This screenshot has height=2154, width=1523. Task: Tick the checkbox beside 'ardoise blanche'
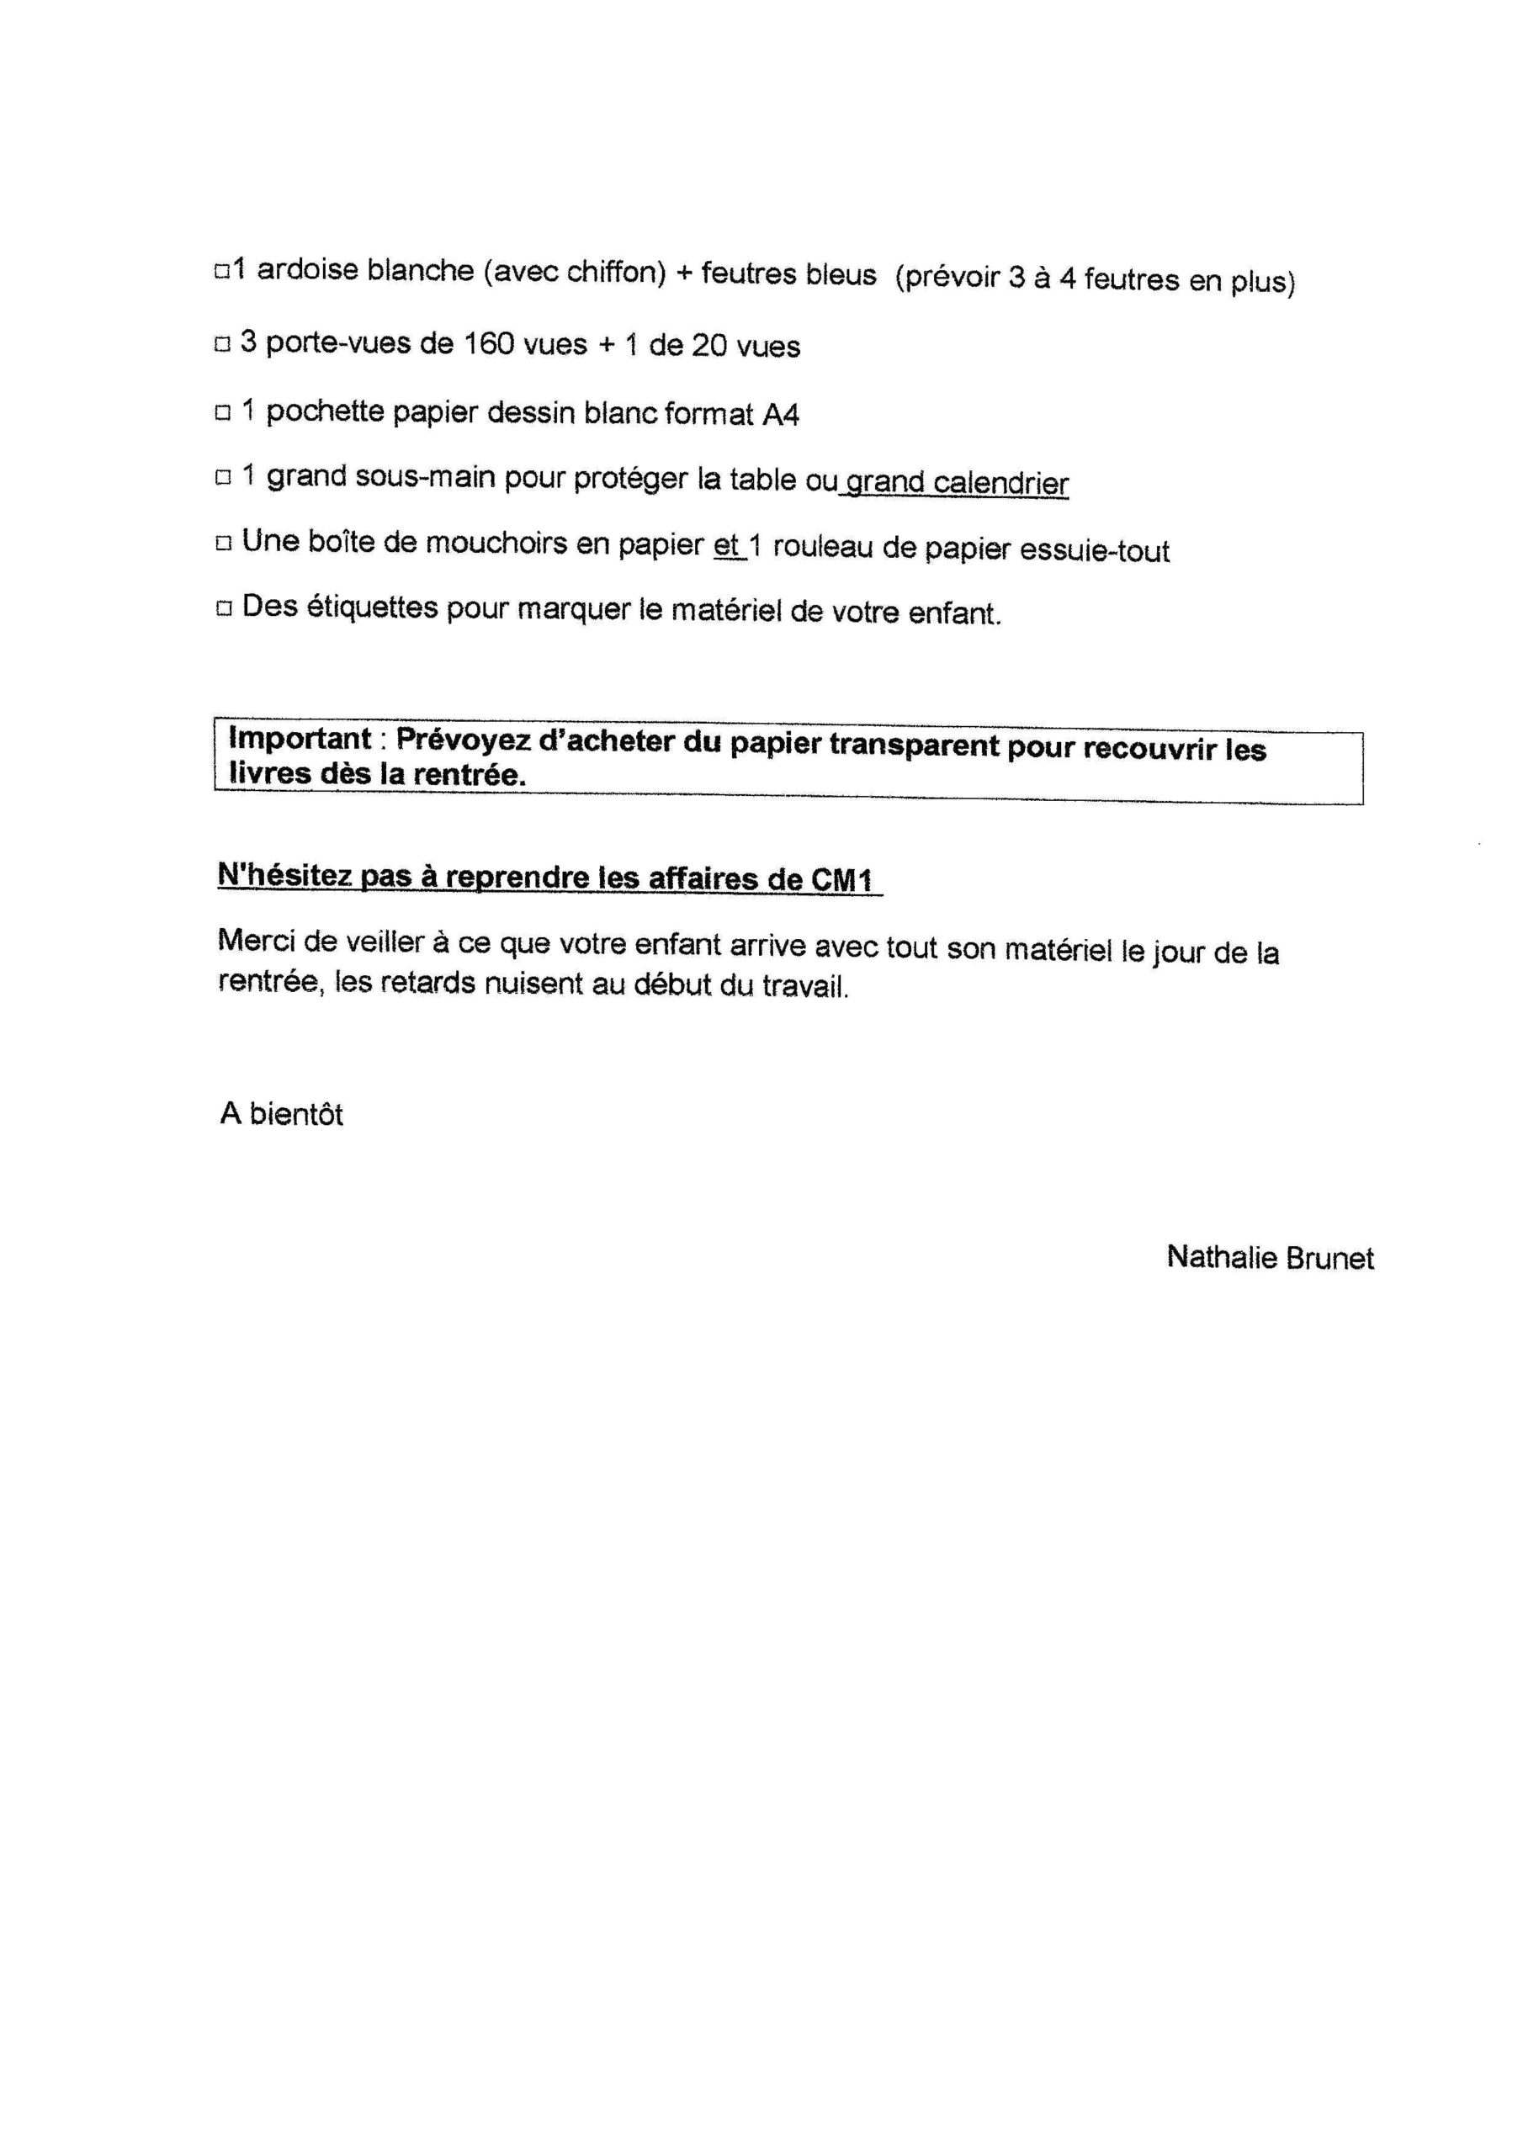(x=222, y=272)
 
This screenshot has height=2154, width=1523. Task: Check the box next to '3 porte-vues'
(x=222, y=344)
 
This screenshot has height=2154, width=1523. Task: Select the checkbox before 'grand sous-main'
(x=223, y=478)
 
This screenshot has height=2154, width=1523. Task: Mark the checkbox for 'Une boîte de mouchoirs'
(x=223, y=544)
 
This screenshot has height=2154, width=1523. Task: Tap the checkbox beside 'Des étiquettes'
(x=223, y=609)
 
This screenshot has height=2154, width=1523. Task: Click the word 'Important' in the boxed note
(x=300, y=738)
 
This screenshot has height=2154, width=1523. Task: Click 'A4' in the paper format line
(x=780, y=415)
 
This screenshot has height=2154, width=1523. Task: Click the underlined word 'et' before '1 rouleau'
(x=726, y=545)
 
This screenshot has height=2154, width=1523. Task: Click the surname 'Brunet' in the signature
(x=1329, y=1258)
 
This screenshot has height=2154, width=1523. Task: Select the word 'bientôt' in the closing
(x=295, y=1115)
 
